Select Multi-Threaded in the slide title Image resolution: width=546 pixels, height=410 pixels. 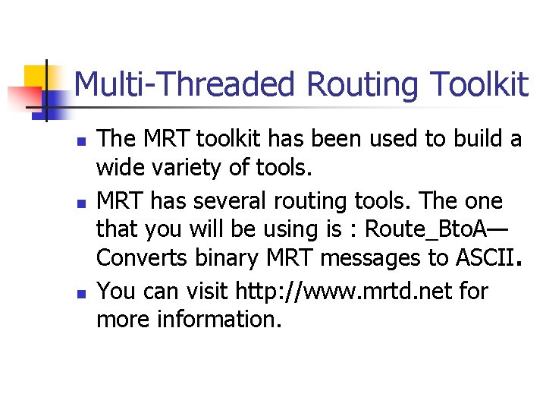184,84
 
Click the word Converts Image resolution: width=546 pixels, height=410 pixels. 140,258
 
